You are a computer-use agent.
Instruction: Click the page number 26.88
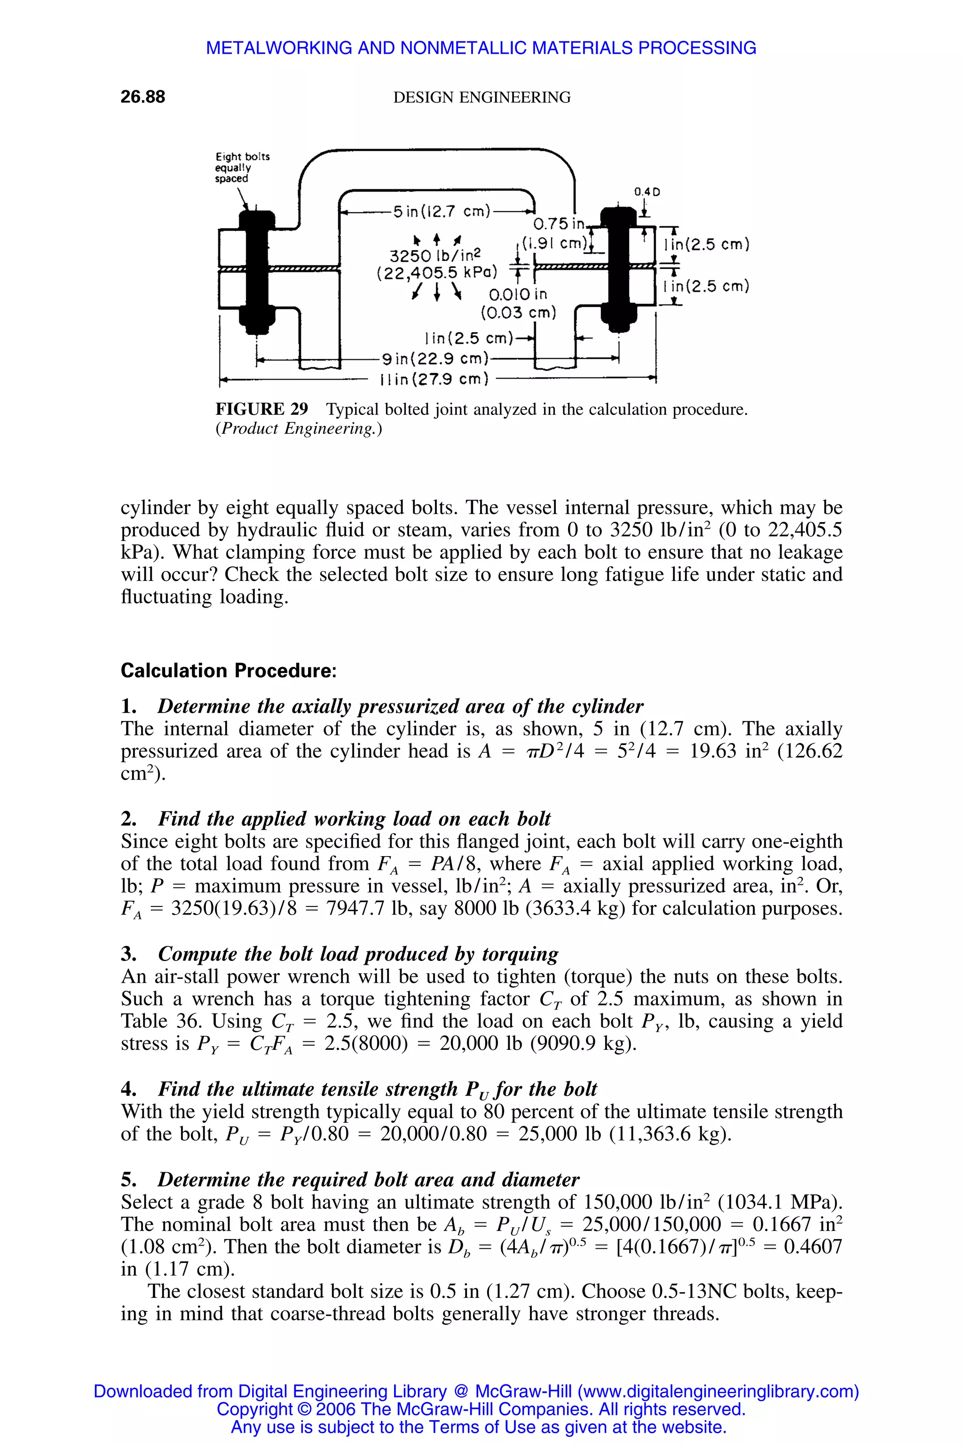click(142, 97)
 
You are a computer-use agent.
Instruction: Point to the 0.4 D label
click(647, 192)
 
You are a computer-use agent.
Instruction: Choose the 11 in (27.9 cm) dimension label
click(434, 380)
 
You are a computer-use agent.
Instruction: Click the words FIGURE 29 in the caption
click(261, 409)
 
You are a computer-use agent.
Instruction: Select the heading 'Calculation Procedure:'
click(229, 670)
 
